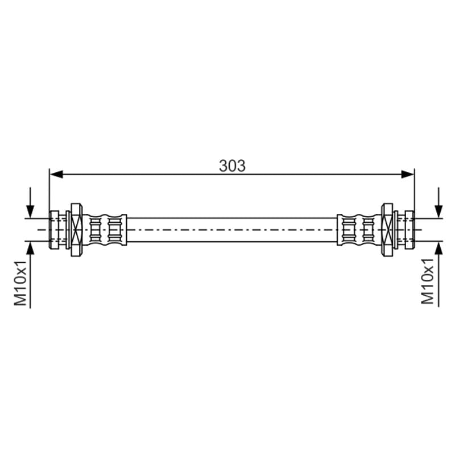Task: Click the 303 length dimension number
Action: (x=232, y=166)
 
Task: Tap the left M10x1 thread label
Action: (x=20, y=283)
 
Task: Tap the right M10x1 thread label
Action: (x=428, y=281)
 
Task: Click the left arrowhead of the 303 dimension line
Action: (x=56, y=175)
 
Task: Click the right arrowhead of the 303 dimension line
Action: (x=407, y=175)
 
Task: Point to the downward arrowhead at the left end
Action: (x=30, y=211)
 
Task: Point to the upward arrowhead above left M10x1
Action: (x=30, y=248)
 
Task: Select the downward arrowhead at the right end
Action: (x=439, y=211)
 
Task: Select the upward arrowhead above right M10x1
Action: (x=439, y=248)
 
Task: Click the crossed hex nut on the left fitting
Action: (x=77, y=230)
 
